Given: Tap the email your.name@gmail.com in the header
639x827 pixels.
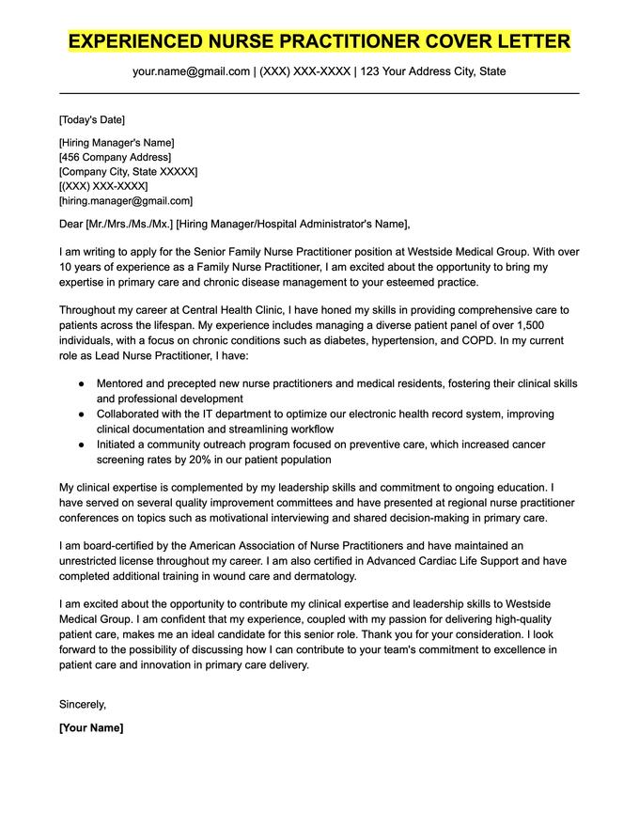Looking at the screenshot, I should pyautogui.click(x=191, y=71).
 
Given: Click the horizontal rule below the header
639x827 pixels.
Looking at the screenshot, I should pyautogui.click(x=319, y=93).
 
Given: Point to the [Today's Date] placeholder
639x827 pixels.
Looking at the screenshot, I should pyautogui.click(x=91, y=120).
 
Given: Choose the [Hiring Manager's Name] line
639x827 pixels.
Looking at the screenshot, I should pyautogui.click(x=116, y=143).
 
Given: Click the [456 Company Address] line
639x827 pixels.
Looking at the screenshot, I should pyautogui.click(x=115, y=157).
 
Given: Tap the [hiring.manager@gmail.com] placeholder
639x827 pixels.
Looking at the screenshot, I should pyautogui.click(x=125, y=200).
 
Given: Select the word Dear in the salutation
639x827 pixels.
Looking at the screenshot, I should pyautogui.click(x=70, y=224).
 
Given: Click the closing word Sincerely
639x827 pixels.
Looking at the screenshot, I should pyautogui.click(x=83, y=704).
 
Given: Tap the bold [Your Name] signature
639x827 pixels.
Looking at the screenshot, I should pyautogui.click(x=91, y=727).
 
